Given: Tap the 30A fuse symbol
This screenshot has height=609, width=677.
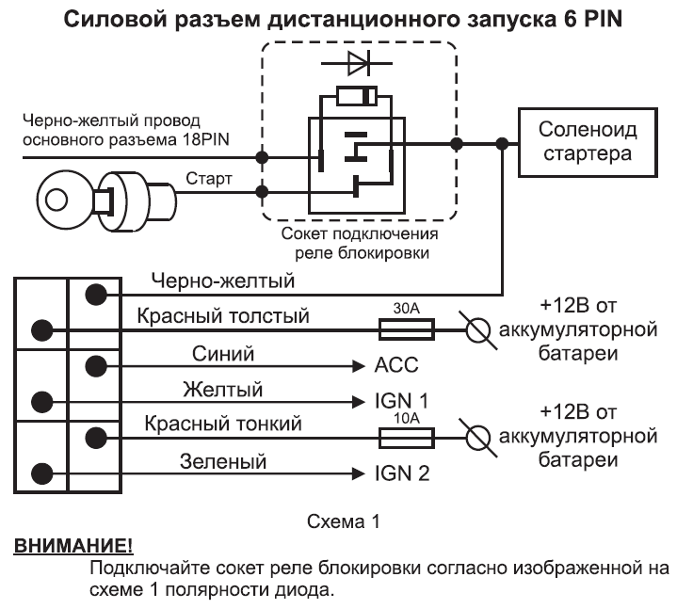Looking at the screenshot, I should [406, 329].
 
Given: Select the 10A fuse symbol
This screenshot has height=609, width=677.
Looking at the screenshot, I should [406, 437].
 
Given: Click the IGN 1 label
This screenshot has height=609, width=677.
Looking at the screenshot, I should [401, 402].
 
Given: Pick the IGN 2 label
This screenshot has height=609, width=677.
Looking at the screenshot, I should [402, 473].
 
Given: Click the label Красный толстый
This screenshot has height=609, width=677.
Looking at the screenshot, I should [221, 316].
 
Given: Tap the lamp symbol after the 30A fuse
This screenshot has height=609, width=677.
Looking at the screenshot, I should [478, 329].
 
